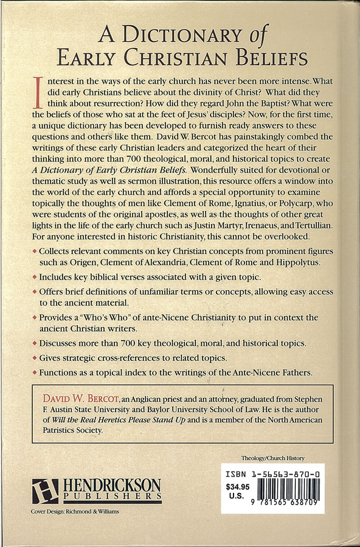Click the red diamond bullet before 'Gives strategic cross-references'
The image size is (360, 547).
pos(34,356)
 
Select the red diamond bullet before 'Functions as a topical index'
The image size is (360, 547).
pos(34,370)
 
